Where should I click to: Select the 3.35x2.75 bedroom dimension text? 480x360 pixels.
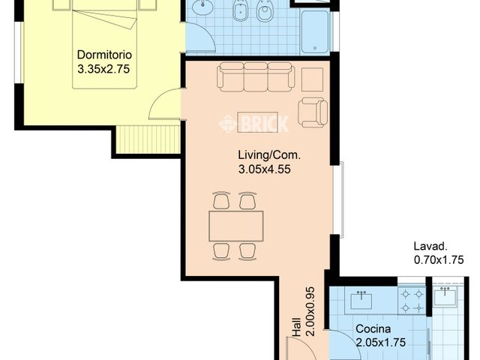[x=104, y=68]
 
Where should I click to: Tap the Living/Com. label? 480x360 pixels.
[x=268, y=155]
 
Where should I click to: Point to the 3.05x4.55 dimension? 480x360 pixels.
[x=264, y=169]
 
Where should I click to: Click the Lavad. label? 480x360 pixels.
[x=430, y=246]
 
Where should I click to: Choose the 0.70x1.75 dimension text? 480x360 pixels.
[x=439, y=260]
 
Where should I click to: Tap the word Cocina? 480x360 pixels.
[x=373, y=328]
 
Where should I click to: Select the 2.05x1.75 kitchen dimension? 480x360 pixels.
[x=380, y=343]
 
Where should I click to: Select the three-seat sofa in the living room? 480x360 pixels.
[x=255, y=77]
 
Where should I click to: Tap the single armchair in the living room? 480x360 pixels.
[x=313, y=112]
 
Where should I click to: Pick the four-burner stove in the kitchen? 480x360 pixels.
[x=412, y=300]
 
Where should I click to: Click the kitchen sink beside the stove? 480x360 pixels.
[x=363, y=300]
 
